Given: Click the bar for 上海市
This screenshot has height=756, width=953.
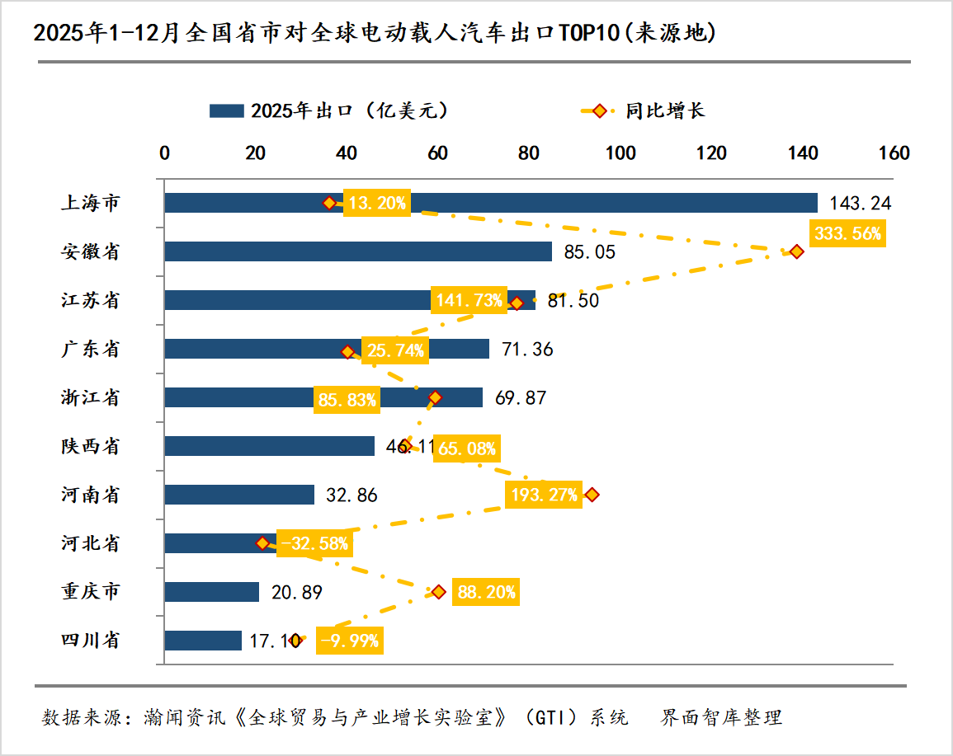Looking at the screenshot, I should (578, 203).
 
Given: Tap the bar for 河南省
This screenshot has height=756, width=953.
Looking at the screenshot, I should (239, 495).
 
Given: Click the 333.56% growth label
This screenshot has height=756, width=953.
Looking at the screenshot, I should (847, 233).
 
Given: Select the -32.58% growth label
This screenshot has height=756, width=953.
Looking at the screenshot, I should (314, 543).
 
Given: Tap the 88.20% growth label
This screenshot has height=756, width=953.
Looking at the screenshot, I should (486, 592).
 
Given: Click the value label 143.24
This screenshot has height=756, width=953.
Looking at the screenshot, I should (859, 203).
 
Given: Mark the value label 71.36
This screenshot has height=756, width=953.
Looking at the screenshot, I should (528, 350).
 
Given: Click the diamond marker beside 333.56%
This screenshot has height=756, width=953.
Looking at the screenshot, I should (796, 251).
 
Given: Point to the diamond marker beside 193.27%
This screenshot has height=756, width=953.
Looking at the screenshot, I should (591, 495).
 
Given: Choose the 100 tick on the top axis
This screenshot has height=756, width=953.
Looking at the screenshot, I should (620, 153).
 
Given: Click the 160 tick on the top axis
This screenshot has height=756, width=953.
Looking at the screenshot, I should (894, 153).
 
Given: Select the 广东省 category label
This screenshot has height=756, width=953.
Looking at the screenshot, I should (91, 350).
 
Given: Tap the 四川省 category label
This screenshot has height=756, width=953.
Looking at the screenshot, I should (91, 641).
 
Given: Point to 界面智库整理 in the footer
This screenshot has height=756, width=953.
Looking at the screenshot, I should (721, 716).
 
